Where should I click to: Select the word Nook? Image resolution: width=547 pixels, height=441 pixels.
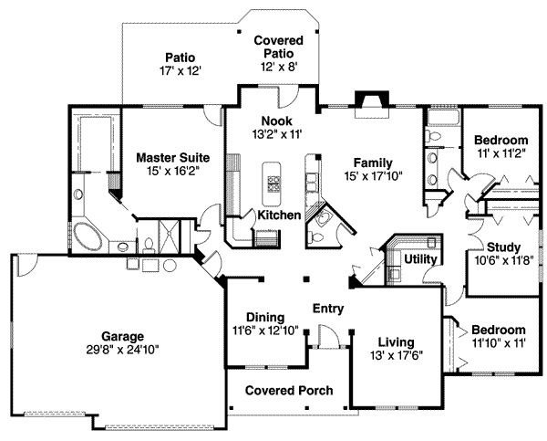click(x=274, y=121)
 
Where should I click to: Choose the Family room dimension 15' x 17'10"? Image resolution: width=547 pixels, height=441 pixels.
click(x=373, y=176)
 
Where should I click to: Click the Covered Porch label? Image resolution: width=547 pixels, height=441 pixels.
click(x=288, y=391)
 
